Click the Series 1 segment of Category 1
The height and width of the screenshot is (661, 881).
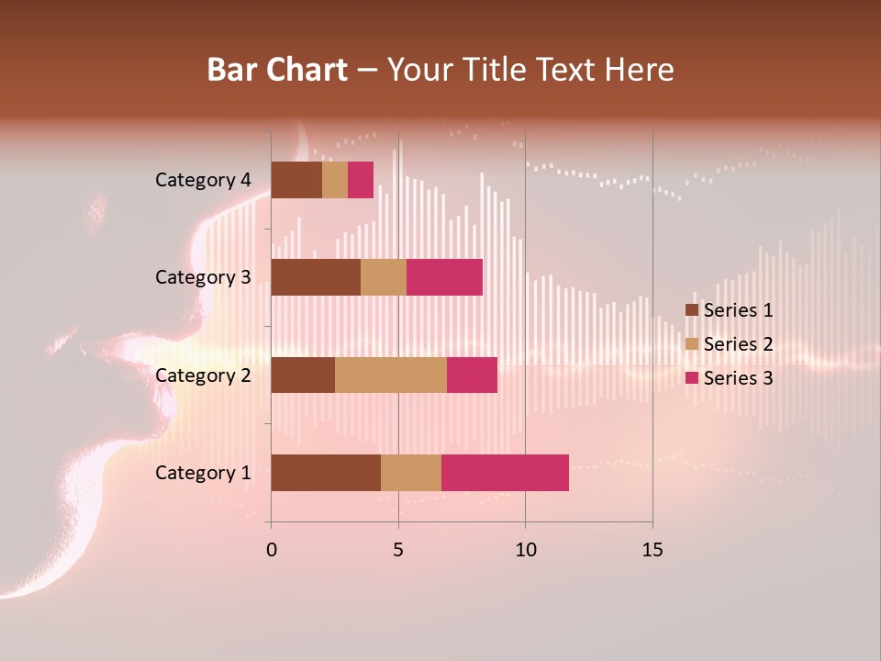[326, 473]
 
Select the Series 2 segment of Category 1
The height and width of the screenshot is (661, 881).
[411, 473]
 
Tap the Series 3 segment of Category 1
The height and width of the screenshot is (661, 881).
[505, 473]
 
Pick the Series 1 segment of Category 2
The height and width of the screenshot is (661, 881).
[303, 375]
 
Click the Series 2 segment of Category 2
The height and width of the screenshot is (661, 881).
[391, 375]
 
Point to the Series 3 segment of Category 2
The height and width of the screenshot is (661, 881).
[472, 375]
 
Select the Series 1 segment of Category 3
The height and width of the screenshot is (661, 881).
[316, 277]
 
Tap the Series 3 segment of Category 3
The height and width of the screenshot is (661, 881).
[444, 277]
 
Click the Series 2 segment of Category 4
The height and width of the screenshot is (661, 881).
[335, 180]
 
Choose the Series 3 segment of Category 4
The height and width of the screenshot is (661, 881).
[361, 180]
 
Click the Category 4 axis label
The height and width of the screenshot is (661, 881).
[203, 180]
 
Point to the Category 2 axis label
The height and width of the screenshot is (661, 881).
[203, 375]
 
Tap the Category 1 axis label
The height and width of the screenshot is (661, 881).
[203, 473]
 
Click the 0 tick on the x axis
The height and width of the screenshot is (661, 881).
[271, 550]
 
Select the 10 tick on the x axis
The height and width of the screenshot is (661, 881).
[525, 550]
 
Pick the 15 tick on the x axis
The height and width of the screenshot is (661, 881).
[652, 550]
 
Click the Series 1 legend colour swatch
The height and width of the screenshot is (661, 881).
[692, 310]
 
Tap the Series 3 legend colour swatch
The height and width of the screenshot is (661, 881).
[692, 377]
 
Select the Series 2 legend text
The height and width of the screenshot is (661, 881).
[738, 344]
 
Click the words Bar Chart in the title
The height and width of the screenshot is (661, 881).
[277, 70]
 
